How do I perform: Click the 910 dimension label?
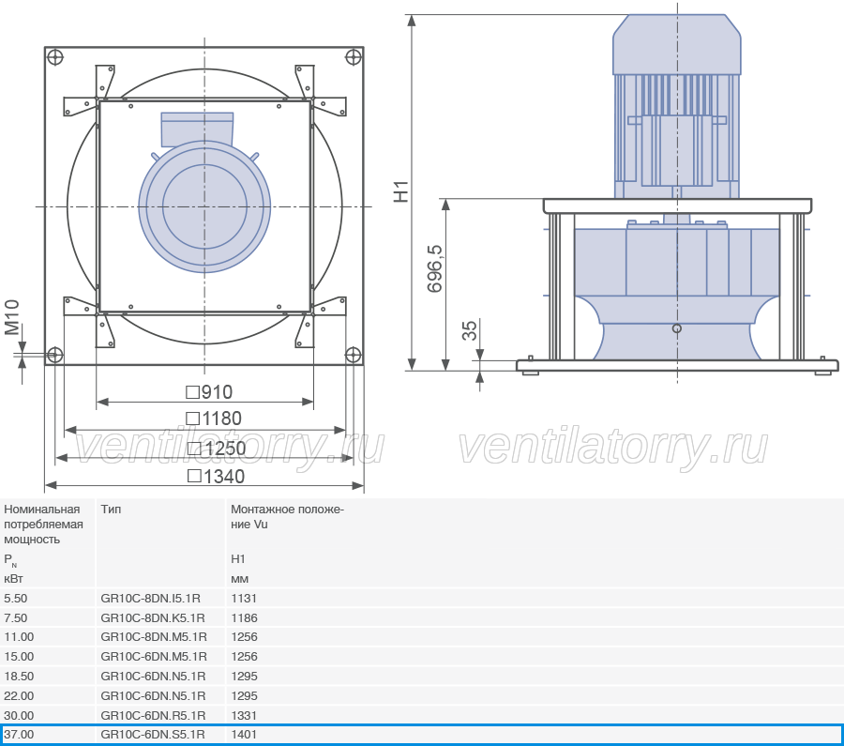click(x=209, y=392)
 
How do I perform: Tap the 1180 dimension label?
click(x=214, y=419)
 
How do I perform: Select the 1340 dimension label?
click(x=216, y=476)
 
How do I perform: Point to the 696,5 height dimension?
click(x=434, y=268)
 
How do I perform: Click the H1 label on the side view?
click(x=401, y=191)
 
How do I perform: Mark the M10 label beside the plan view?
click(x=12, y=317)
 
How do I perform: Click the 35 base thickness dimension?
click(x=470, y=330)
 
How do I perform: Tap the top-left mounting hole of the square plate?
click(x=55, y=56)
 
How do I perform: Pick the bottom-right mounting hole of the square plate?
click(x=353, y=355)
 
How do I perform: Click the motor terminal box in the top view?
click(x=197, y=129)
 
